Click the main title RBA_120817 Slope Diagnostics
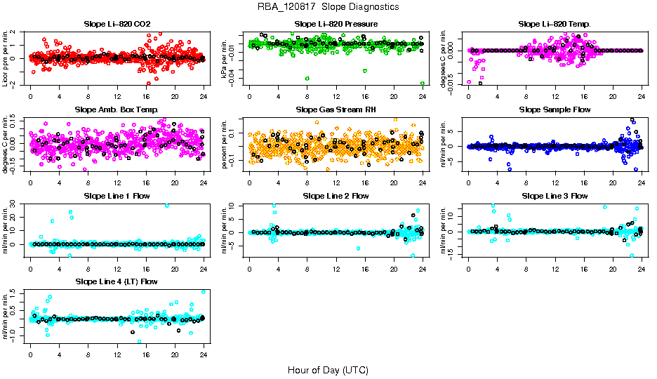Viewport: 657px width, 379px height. coord(328,6)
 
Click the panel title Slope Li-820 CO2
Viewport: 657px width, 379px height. coord(117,24)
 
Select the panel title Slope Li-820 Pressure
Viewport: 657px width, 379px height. coord(336,24)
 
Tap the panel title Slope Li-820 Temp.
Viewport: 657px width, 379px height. coord(555,24)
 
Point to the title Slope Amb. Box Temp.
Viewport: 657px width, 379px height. coord(117,110)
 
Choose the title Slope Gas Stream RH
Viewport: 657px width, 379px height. coord(336,110)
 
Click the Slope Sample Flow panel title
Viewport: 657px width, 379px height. coord(555,110)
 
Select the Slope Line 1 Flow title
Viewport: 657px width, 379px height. coord(117,196)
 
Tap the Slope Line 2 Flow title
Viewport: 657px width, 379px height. coord(336,196)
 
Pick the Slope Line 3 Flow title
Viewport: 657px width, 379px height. coord(555,196)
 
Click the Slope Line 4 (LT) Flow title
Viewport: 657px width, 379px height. coord(117,282)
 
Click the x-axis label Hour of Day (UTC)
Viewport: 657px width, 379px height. coord(328,369)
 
